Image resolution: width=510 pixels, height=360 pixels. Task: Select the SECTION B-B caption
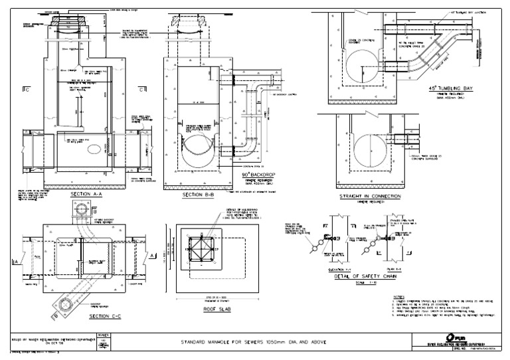(198, 197)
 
